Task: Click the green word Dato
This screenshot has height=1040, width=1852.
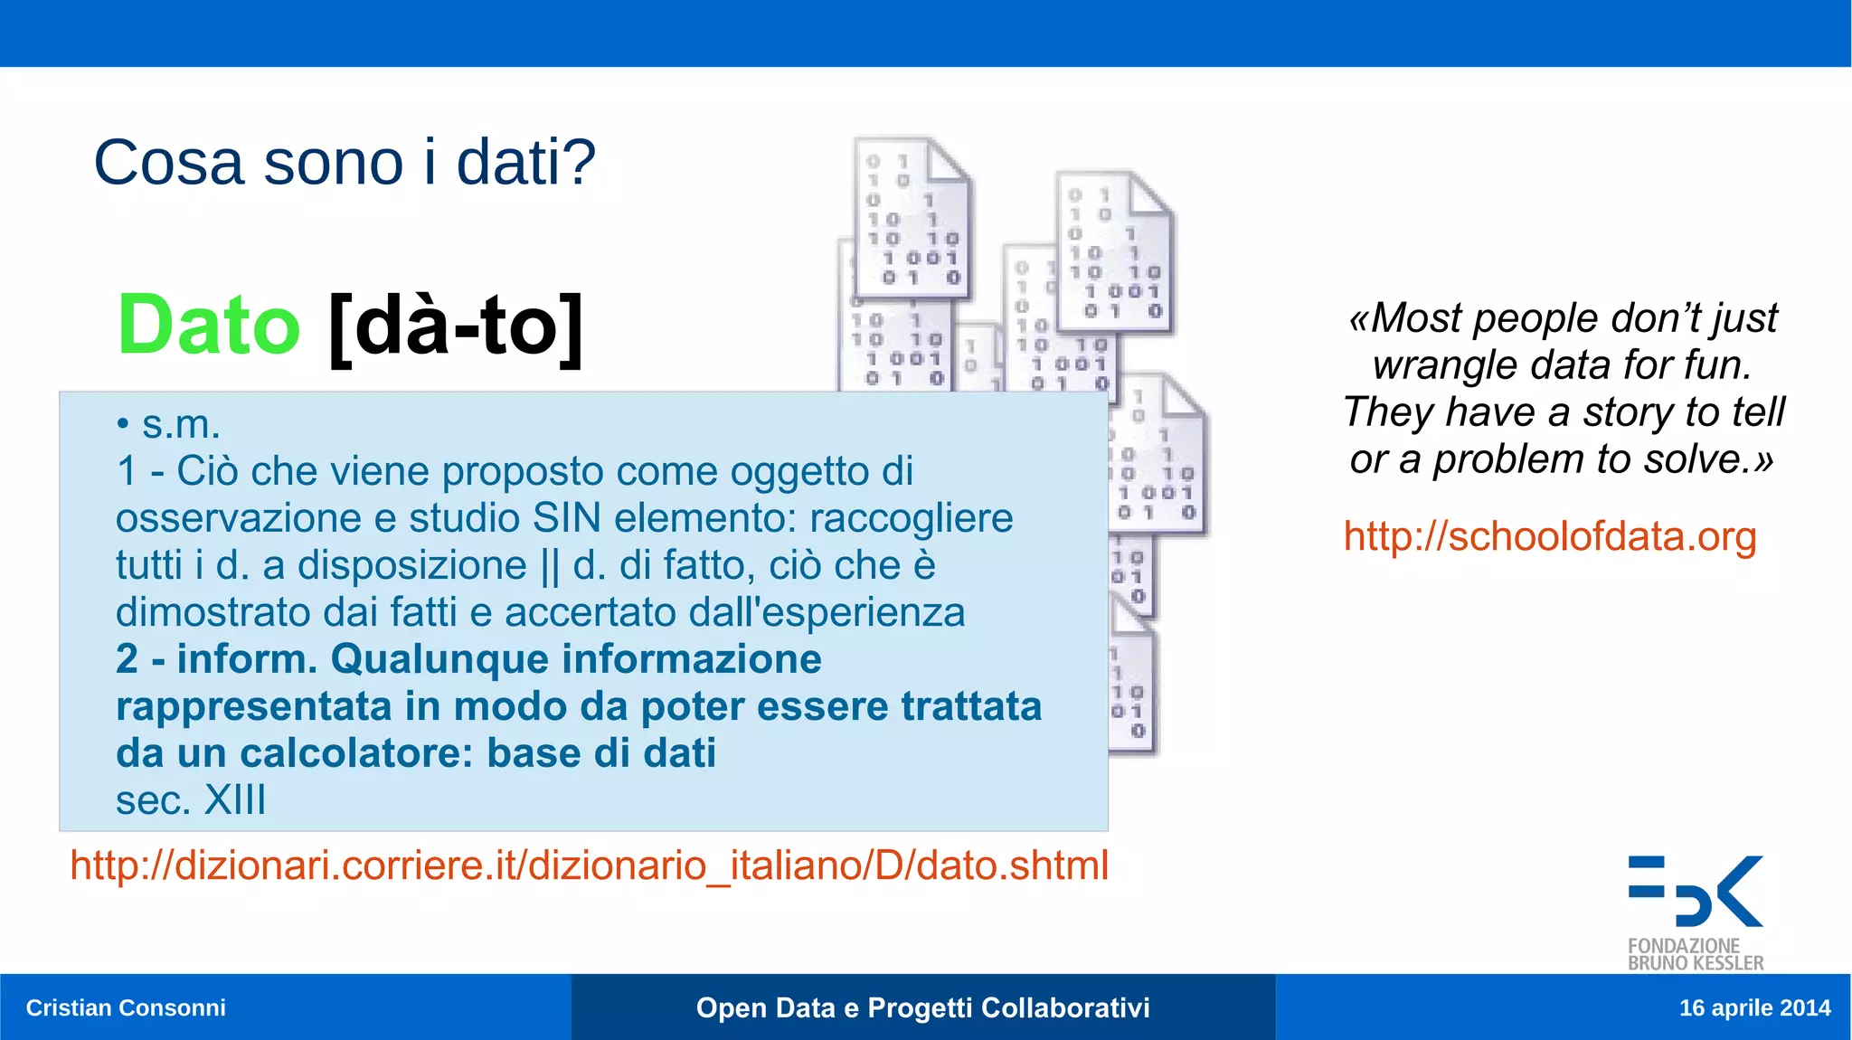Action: tap(209, 326)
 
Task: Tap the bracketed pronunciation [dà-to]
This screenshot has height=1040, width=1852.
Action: tap(456, 327)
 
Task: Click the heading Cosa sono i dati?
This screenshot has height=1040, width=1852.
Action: tap(345, 163)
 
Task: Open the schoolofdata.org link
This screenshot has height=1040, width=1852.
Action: tap(1549, 536)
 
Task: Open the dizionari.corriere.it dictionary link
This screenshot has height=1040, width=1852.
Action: tap(589, 865)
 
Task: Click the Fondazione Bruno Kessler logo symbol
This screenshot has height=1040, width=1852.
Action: tap(1696, 891)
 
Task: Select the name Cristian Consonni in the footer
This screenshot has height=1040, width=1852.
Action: tap(126, 1007)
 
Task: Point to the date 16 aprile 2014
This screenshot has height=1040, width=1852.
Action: tap(1754, 1007)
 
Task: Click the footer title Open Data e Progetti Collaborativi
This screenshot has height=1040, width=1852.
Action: tap(922, 1007)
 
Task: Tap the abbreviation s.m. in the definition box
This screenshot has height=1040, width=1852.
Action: tap(181, 424)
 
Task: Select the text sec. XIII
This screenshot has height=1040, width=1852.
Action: tap(191, 799)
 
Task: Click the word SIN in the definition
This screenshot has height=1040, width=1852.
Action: tap(567, 518)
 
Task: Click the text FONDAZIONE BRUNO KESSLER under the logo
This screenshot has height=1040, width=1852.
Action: tap(1695, 954)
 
